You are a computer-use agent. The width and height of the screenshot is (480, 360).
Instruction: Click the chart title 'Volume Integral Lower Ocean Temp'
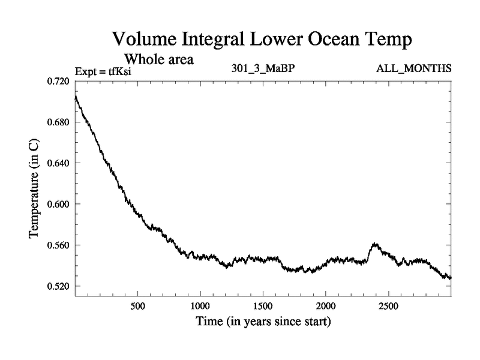tap(263, 41)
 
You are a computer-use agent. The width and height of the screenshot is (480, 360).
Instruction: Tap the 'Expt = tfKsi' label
tap(103, 71)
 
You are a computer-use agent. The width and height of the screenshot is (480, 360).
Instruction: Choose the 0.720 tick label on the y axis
tap(59, 81)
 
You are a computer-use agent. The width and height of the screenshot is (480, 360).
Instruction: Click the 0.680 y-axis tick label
tap(59, 122)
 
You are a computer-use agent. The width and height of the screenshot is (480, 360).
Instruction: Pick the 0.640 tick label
tap(59, 163)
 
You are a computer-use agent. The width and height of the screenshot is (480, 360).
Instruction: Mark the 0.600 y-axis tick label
tap(59, 205)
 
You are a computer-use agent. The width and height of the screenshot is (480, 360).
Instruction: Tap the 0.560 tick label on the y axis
tap(59, 245)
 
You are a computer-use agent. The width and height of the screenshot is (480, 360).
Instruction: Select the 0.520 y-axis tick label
tap(59, 286)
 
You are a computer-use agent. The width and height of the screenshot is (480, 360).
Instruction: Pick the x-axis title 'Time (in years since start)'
tap(263, 322)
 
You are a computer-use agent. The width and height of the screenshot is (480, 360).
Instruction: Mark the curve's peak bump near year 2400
tap(376, 244)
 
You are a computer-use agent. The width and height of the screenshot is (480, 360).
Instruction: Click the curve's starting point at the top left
tap(76, 97)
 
